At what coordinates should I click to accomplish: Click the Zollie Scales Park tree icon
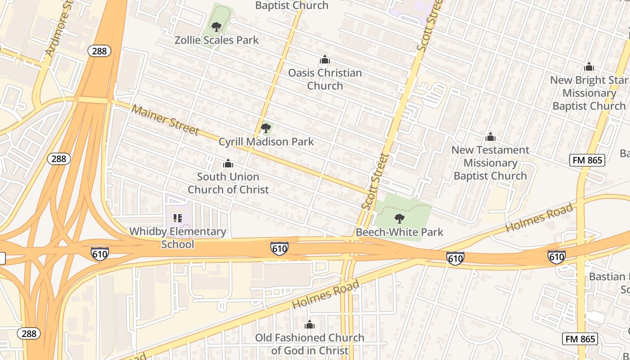216,27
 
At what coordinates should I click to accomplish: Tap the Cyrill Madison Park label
266,142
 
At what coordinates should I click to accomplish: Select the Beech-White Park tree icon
399,219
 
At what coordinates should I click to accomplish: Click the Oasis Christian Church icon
324,60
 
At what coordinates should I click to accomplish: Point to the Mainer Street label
165,120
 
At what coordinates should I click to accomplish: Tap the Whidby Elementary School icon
177,218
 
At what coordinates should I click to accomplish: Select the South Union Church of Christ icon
228,163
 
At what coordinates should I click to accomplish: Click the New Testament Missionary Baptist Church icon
490,137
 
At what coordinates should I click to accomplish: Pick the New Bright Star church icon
589,67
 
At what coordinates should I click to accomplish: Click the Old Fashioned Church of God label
310,344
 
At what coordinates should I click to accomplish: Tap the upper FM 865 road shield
587,160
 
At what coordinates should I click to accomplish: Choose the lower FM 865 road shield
580,339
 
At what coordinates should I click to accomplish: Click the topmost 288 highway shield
99,51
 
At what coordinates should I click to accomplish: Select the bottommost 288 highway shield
29,333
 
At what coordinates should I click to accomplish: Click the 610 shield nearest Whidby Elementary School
99,254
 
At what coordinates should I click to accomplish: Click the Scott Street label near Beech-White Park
374,181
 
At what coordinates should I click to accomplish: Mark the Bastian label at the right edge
607,276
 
